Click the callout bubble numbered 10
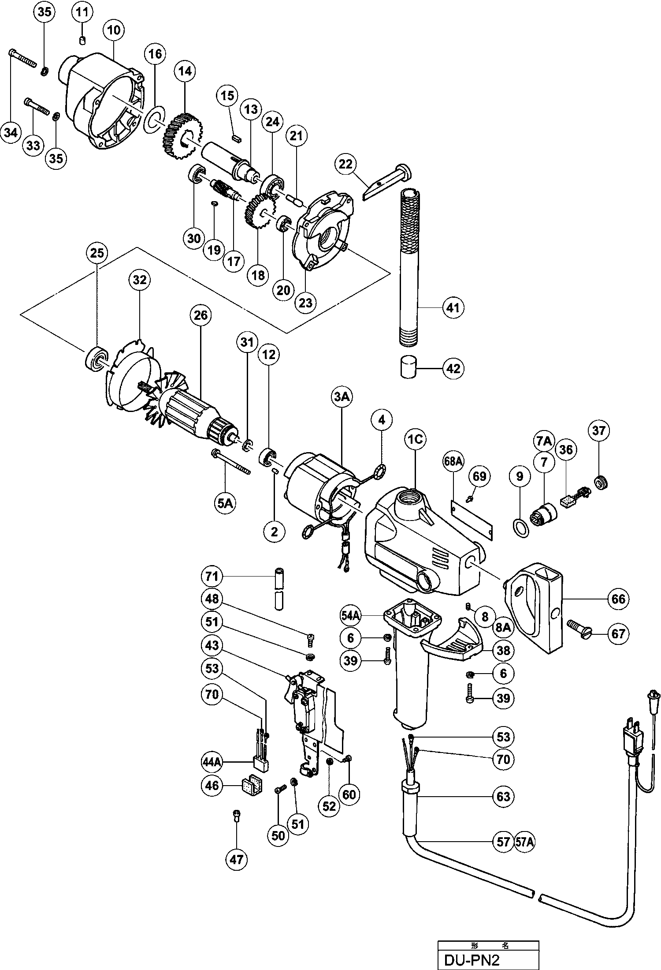point(113,30)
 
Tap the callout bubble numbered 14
point(186,71)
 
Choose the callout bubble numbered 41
point(453,307)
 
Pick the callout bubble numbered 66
point(619,599)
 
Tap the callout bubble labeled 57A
point(524,842)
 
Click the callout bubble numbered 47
point(237,859)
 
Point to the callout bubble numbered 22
point(346,165)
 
